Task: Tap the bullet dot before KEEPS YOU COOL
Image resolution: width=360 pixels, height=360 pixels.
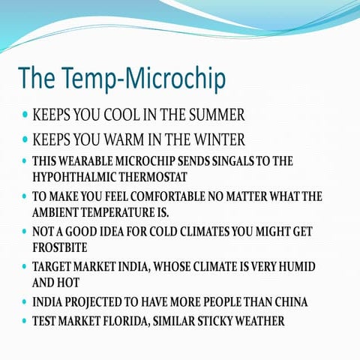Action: (x=25, y=117)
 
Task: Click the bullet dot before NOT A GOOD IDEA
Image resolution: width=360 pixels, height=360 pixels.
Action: (x=25, y=232)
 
